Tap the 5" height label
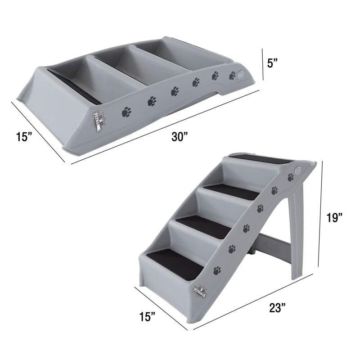coord(273,63)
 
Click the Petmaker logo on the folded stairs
coord(99,121)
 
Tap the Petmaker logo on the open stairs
coord(199,288)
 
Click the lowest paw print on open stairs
coord(217,270)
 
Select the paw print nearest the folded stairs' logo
coord(127,110)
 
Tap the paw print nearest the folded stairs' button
coord(232,75)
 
